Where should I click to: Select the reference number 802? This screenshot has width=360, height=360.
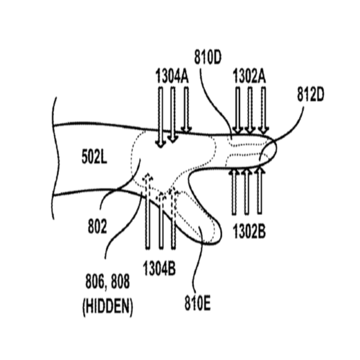pyautogui.click(x=97, y=227)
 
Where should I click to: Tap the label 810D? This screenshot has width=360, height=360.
pyautogui.click(x=208, y=59)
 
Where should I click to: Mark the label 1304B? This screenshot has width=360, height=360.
pyautogui.click(x=159, y=268)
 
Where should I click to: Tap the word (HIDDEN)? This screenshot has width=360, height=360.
pyautogui.click(x=107, y=307)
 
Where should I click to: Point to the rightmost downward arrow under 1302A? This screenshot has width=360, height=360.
pyautogui.click(x=264, y=110)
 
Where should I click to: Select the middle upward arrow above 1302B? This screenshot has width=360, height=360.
pyautogui.click(x=247, y=192)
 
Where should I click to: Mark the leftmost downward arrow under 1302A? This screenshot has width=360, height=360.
pyautogui.click(x=238, y=110)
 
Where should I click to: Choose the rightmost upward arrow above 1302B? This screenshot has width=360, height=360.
pyautogui.click(x=259, y=192)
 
